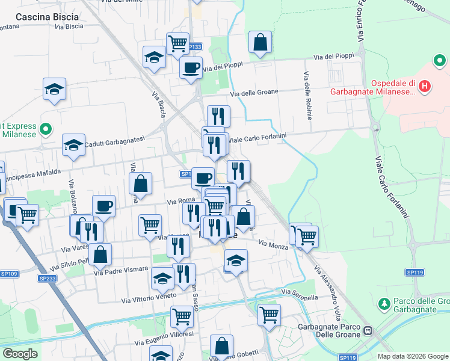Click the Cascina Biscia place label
pos(40,17)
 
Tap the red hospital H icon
pos(425,87)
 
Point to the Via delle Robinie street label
pos(308,96)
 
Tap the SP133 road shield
pos(194,47)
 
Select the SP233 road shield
pos(47,278)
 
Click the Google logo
pos(20,354)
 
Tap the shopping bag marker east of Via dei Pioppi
pos(260,42)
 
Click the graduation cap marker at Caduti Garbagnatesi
pos(73,145)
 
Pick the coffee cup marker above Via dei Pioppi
pos(191,67)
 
